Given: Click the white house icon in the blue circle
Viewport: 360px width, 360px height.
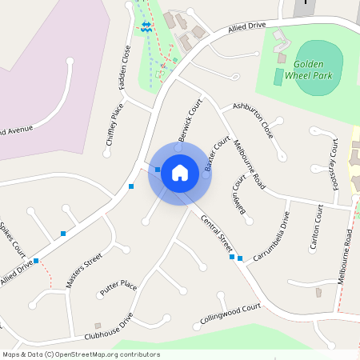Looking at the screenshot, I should pyautogui.click(x=180, y=172).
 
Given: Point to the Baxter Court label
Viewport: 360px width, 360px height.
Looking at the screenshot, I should pyautogui.click(x=213, y=155).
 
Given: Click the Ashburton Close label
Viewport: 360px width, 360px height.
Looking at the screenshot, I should pyautogui.click(x=254, y=120).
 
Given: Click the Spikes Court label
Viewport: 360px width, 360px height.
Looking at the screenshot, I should pyautogui.click(x=12, y=239).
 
